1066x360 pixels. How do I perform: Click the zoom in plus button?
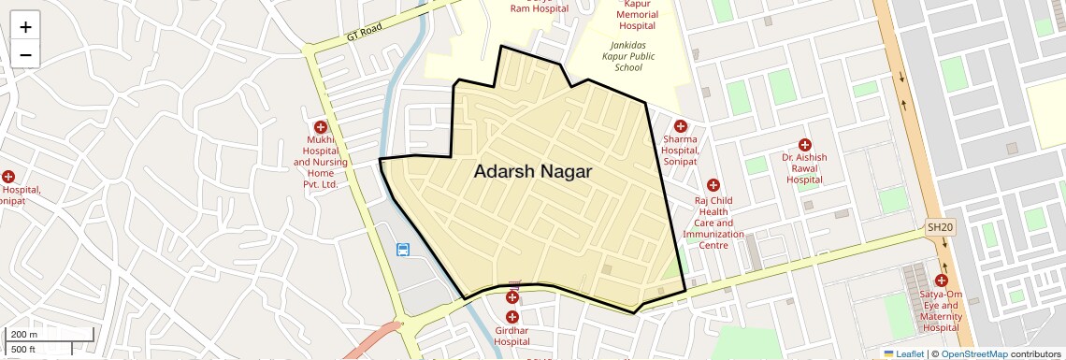pyautogui.click(x=25, y=27)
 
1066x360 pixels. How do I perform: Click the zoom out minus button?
pyautogui.click(x=25, y=54)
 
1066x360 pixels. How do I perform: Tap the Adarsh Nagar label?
pyautogui.click(x=532, y=172)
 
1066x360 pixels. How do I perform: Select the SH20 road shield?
pyautogui.click(x=940, y=227)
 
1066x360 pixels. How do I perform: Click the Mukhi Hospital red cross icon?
pyautogui.click(x=321, y=127)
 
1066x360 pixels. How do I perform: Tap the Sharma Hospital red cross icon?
pyautogui.click(x=680, y=126)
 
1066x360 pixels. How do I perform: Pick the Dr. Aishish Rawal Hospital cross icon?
pyautogui.click(x=804, y=144)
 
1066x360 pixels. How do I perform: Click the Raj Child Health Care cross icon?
pyautogui.click(x=713, y=186)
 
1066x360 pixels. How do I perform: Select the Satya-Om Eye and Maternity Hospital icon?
pyautogui.click(x=941, y=281)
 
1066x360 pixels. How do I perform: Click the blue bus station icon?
pyautogui.click(x=403, y=250)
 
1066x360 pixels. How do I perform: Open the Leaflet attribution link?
pyautogui.click(x=904, y=354)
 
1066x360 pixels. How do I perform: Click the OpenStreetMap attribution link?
pyautogui.click(x=973, y=354)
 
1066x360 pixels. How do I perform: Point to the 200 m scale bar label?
pyautogui.click(x=23, y=335)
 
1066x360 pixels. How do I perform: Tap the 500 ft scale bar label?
pyautogui.click(x=23, y=350)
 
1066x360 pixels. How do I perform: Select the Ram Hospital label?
pyautogui.click(x=539, y=8)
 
